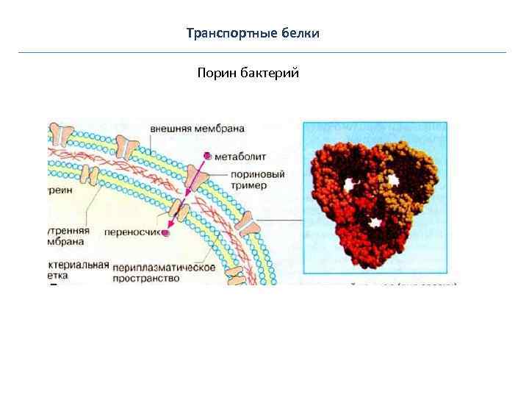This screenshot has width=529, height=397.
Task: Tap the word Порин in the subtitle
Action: [x=215, y=74]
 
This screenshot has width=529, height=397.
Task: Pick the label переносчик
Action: [x=132, y=229]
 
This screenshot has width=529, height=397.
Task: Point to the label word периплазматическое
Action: [x=164, y=268]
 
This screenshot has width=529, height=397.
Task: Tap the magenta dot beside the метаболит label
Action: [x=208, y=156]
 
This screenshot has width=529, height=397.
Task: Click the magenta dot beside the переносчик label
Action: [x=166, y=233]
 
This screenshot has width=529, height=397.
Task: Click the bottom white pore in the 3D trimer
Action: [x=377, y=221]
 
